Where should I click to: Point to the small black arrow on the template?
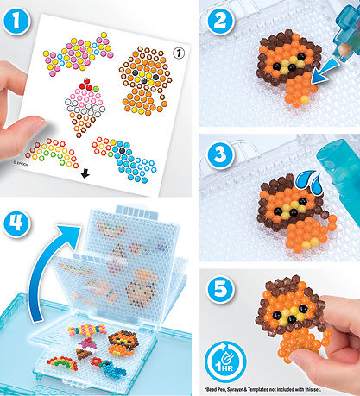84,173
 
